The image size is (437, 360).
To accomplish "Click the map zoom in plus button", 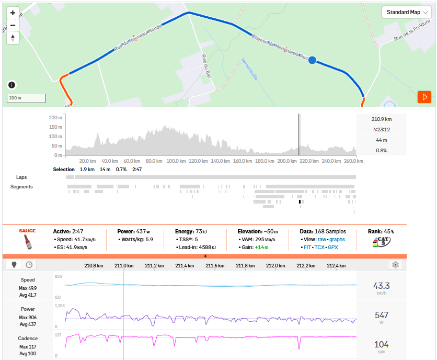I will [13, 13].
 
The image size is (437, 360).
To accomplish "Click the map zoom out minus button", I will [13, 25].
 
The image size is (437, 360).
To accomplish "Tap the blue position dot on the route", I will [312, 61].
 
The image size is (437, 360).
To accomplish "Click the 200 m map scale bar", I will [26, 98].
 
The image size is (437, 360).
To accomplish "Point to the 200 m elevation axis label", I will [56, 118].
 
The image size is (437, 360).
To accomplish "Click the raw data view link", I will [323, 239].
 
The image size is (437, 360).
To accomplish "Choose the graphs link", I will [337, 239].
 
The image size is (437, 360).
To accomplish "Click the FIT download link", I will [308, 248].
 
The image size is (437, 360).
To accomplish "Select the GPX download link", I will [332, 248].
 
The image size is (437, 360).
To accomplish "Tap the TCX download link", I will [320, 248].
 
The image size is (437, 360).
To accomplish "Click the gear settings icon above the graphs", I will [395, 265].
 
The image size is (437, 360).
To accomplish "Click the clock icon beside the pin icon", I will [29, 265].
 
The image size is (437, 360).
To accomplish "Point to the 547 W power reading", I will [381, 315].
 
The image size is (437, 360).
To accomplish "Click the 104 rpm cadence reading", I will [381, 344].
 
